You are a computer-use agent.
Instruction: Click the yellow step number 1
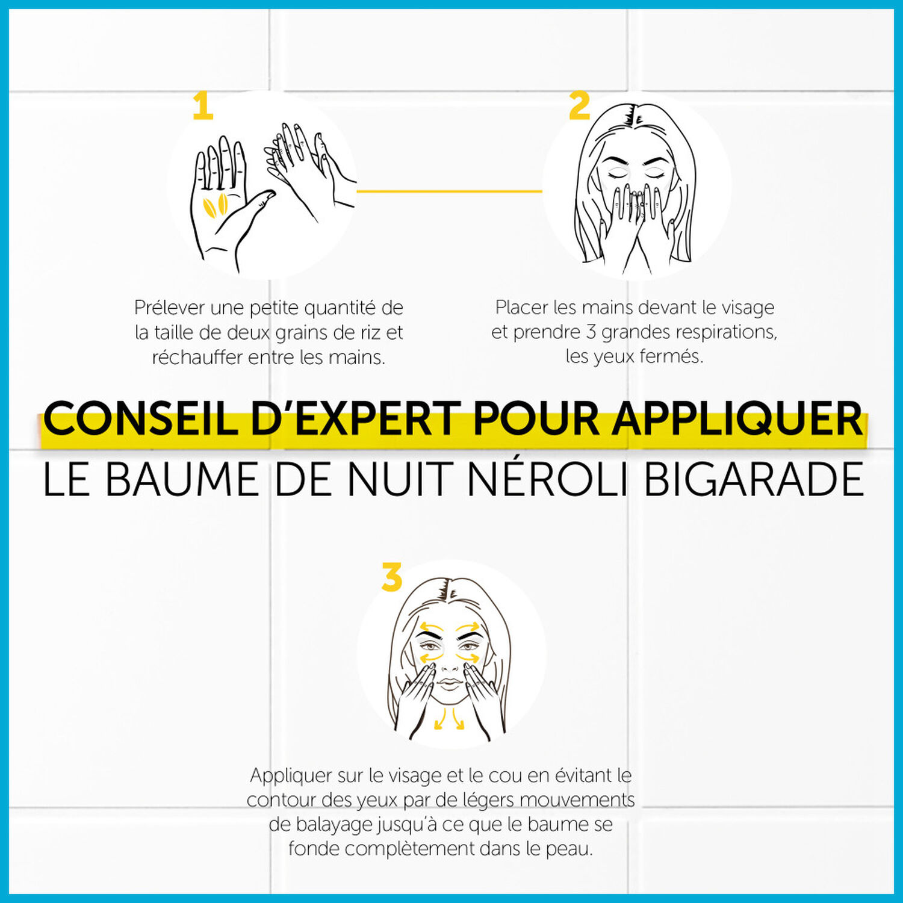203,106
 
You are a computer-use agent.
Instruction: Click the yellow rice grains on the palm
215,205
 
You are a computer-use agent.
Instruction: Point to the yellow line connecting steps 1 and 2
450,191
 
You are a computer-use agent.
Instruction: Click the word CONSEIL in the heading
140,418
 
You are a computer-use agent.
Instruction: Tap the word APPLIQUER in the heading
738,420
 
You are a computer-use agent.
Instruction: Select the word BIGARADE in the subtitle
754,479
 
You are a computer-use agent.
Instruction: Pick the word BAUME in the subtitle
182,479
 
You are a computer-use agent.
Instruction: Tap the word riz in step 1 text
370,332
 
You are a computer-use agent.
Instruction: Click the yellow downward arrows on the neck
450,719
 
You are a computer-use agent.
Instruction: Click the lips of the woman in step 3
448,683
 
